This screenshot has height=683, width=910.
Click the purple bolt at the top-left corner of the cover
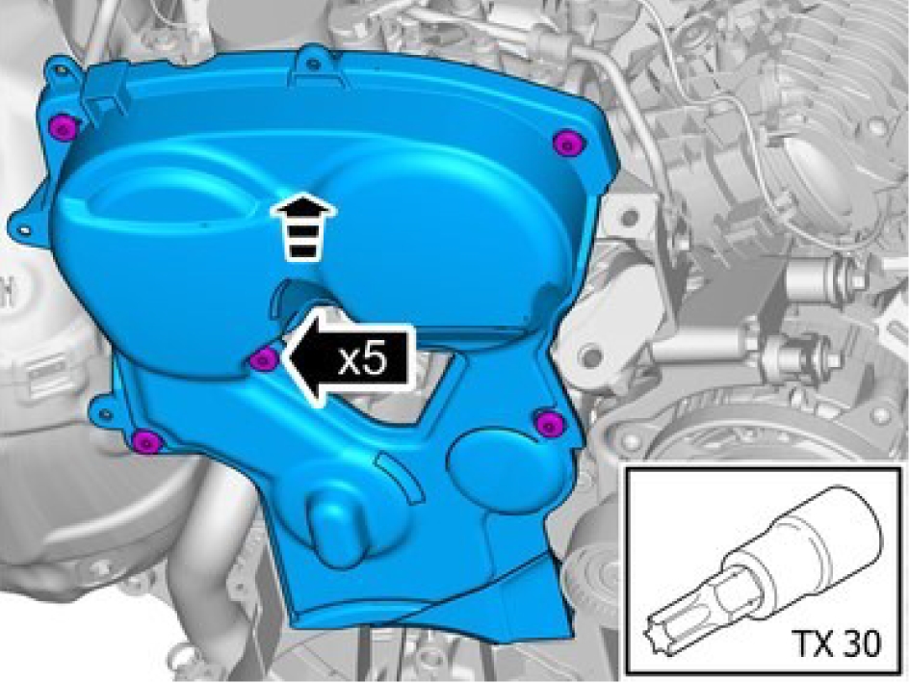click(62, 126)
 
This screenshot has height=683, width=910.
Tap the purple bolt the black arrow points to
click(263, 360)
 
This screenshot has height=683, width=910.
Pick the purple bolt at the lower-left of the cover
click(145, 442)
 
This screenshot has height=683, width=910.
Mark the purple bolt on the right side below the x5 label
click(549, 423)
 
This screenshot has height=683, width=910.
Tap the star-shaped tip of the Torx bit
click(659, 640)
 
